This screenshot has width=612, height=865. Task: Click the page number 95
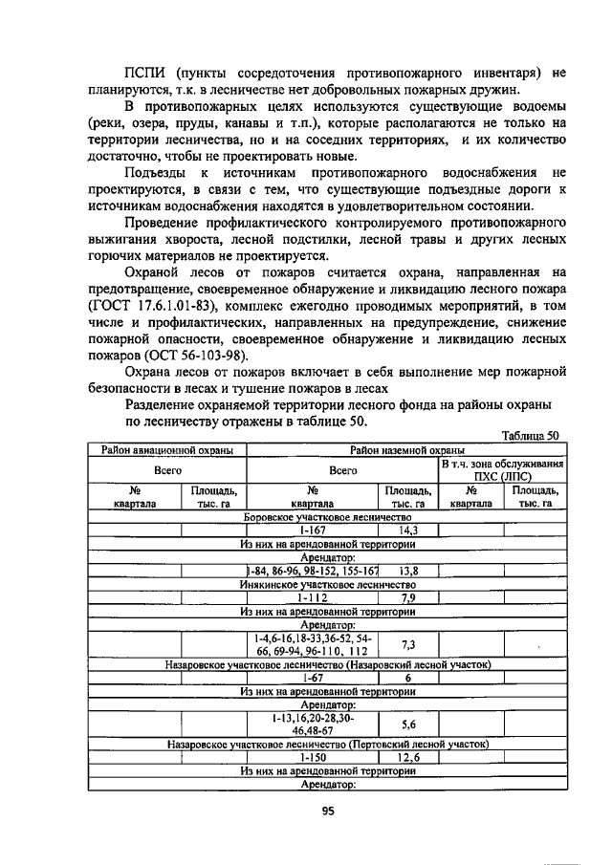pyautogui.click(x=326, y=812)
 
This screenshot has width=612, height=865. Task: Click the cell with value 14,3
pyautogui.click(x=407, y=530)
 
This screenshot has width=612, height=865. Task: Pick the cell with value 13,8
pyautogui.click(x=407, y=571)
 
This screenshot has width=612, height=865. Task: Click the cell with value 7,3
pyautogui.click(x=407, y=644)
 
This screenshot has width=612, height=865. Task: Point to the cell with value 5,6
pyautogui.click(x=407, y=724)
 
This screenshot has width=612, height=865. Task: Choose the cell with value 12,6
pyautogui.click(x=407, y=757)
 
